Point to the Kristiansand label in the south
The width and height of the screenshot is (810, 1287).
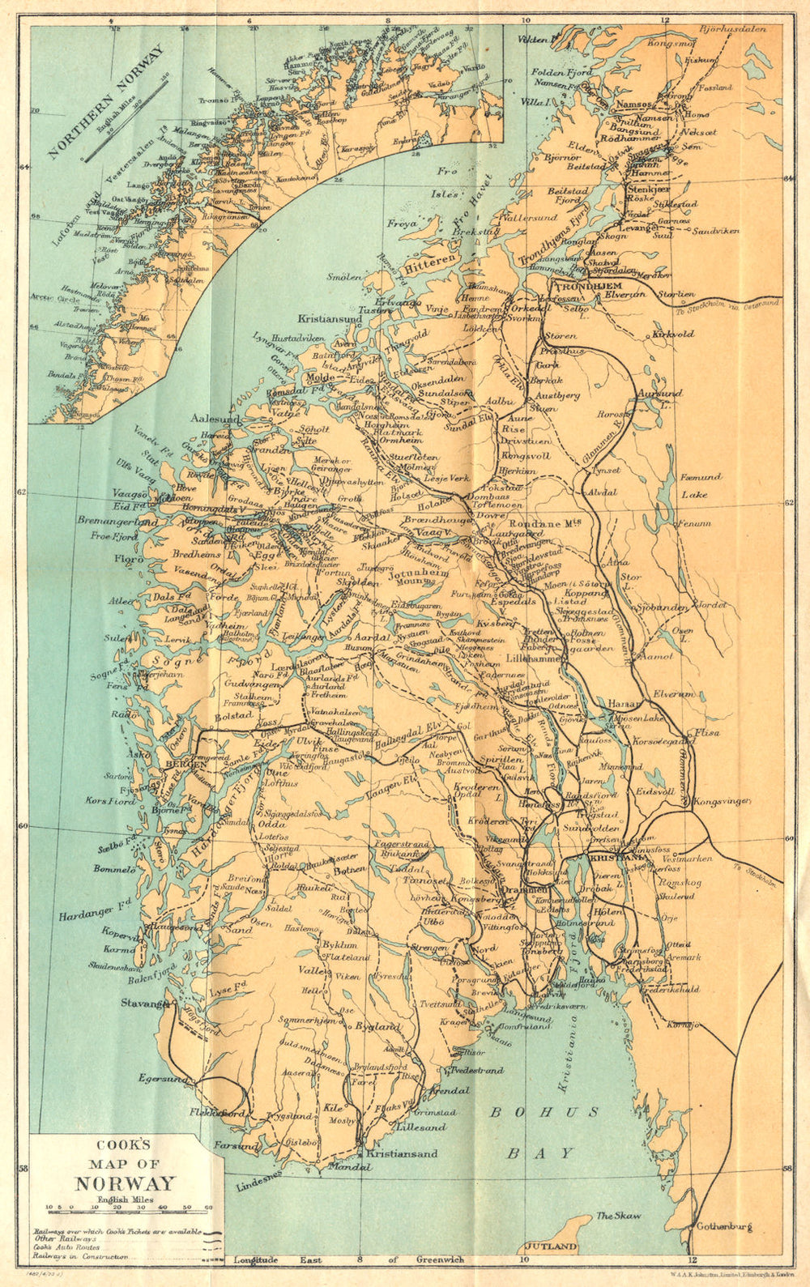[x=402, y=1154]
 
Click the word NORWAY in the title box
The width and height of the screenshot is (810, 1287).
[x=126, y=1183]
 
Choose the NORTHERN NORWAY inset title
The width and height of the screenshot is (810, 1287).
[x=104, y=103]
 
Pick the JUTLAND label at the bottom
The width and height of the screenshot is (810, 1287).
[x=552, y=1247]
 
